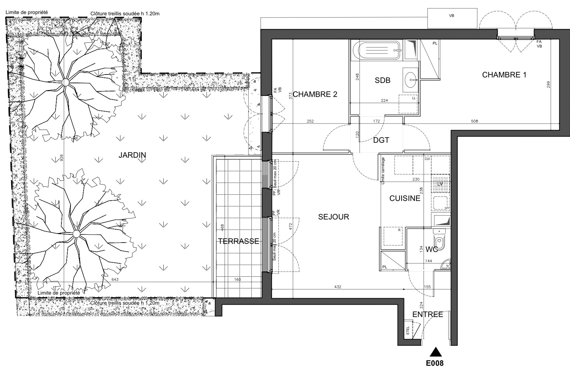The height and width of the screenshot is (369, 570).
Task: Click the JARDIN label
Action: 132,155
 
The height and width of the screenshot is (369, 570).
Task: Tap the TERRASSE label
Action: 238,241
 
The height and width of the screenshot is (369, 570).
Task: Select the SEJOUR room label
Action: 333,217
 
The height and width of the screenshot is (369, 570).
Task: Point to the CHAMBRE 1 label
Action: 504,75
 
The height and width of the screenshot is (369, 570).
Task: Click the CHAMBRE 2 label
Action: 315,94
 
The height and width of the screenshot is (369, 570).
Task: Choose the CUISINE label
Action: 405,198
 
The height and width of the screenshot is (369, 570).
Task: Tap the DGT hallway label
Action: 381,140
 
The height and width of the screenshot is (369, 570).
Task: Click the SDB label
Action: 382,80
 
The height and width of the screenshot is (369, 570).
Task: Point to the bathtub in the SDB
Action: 376,50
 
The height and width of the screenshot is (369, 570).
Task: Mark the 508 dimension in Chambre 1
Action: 475,121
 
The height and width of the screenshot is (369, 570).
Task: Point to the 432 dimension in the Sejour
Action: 338,287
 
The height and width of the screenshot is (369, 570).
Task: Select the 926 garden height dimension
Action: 61,157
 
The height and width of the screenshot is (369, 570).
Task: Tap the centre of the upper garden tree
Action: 65,83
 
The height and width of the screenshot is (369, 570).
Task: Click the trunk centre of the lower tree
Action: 76,234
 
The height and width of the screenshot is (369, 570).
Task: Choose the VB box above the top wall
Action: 452,19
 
